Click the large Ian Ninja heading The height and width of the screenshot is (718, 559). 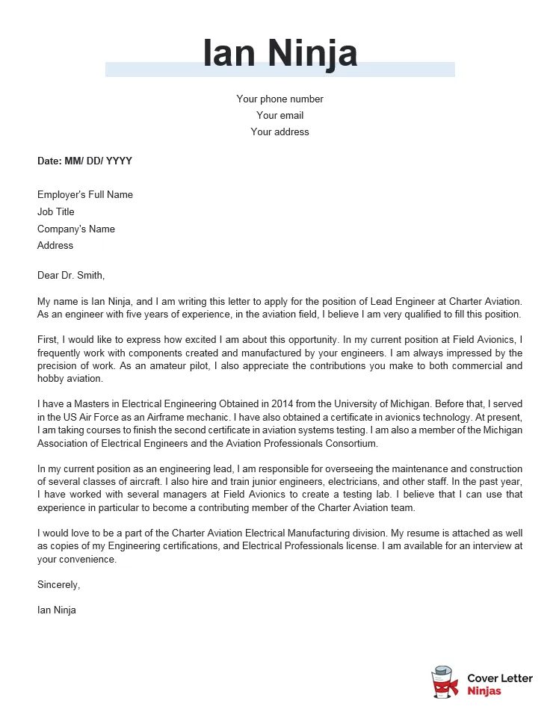coord(280,53)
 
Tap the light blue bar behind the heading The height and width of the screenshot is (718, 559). coord(149,70)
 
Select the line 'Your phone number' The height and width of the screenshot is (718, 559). coord(279,99)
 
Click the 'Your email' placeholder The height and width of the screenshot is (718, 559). coord(279,115)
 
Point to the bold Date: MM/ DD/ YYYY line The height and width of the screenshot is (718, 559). coord(84,161)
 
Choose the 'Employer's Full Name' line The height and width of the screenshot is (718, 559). coord(85,194)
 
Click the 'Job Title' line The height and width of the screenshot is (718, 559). coord(56,211)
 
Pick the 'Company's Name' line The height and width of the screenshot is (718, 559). coord(76,229)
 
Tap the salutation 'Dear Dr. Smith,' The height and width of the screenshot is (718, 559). coord(71,275)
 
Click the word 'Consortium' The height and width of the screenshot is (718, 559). coord(351,443)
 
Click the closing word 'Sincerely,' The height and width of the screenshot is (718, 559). coord(58,584)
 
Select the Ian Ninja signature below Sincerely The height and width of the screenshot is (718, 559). coord(57,610)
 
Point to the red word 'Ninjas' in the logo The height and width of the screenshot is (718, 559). coord(484,691)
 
